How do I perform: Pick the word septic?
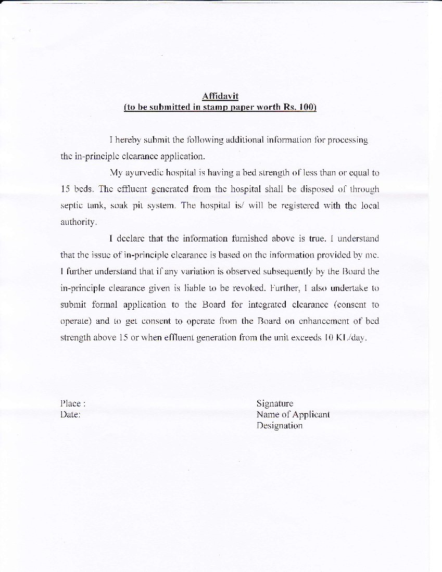point(71,206)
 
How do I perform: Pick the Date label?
point(70,414)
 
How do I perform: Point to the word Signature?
point(275,403)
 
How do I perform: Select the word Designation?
point(280,426)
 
